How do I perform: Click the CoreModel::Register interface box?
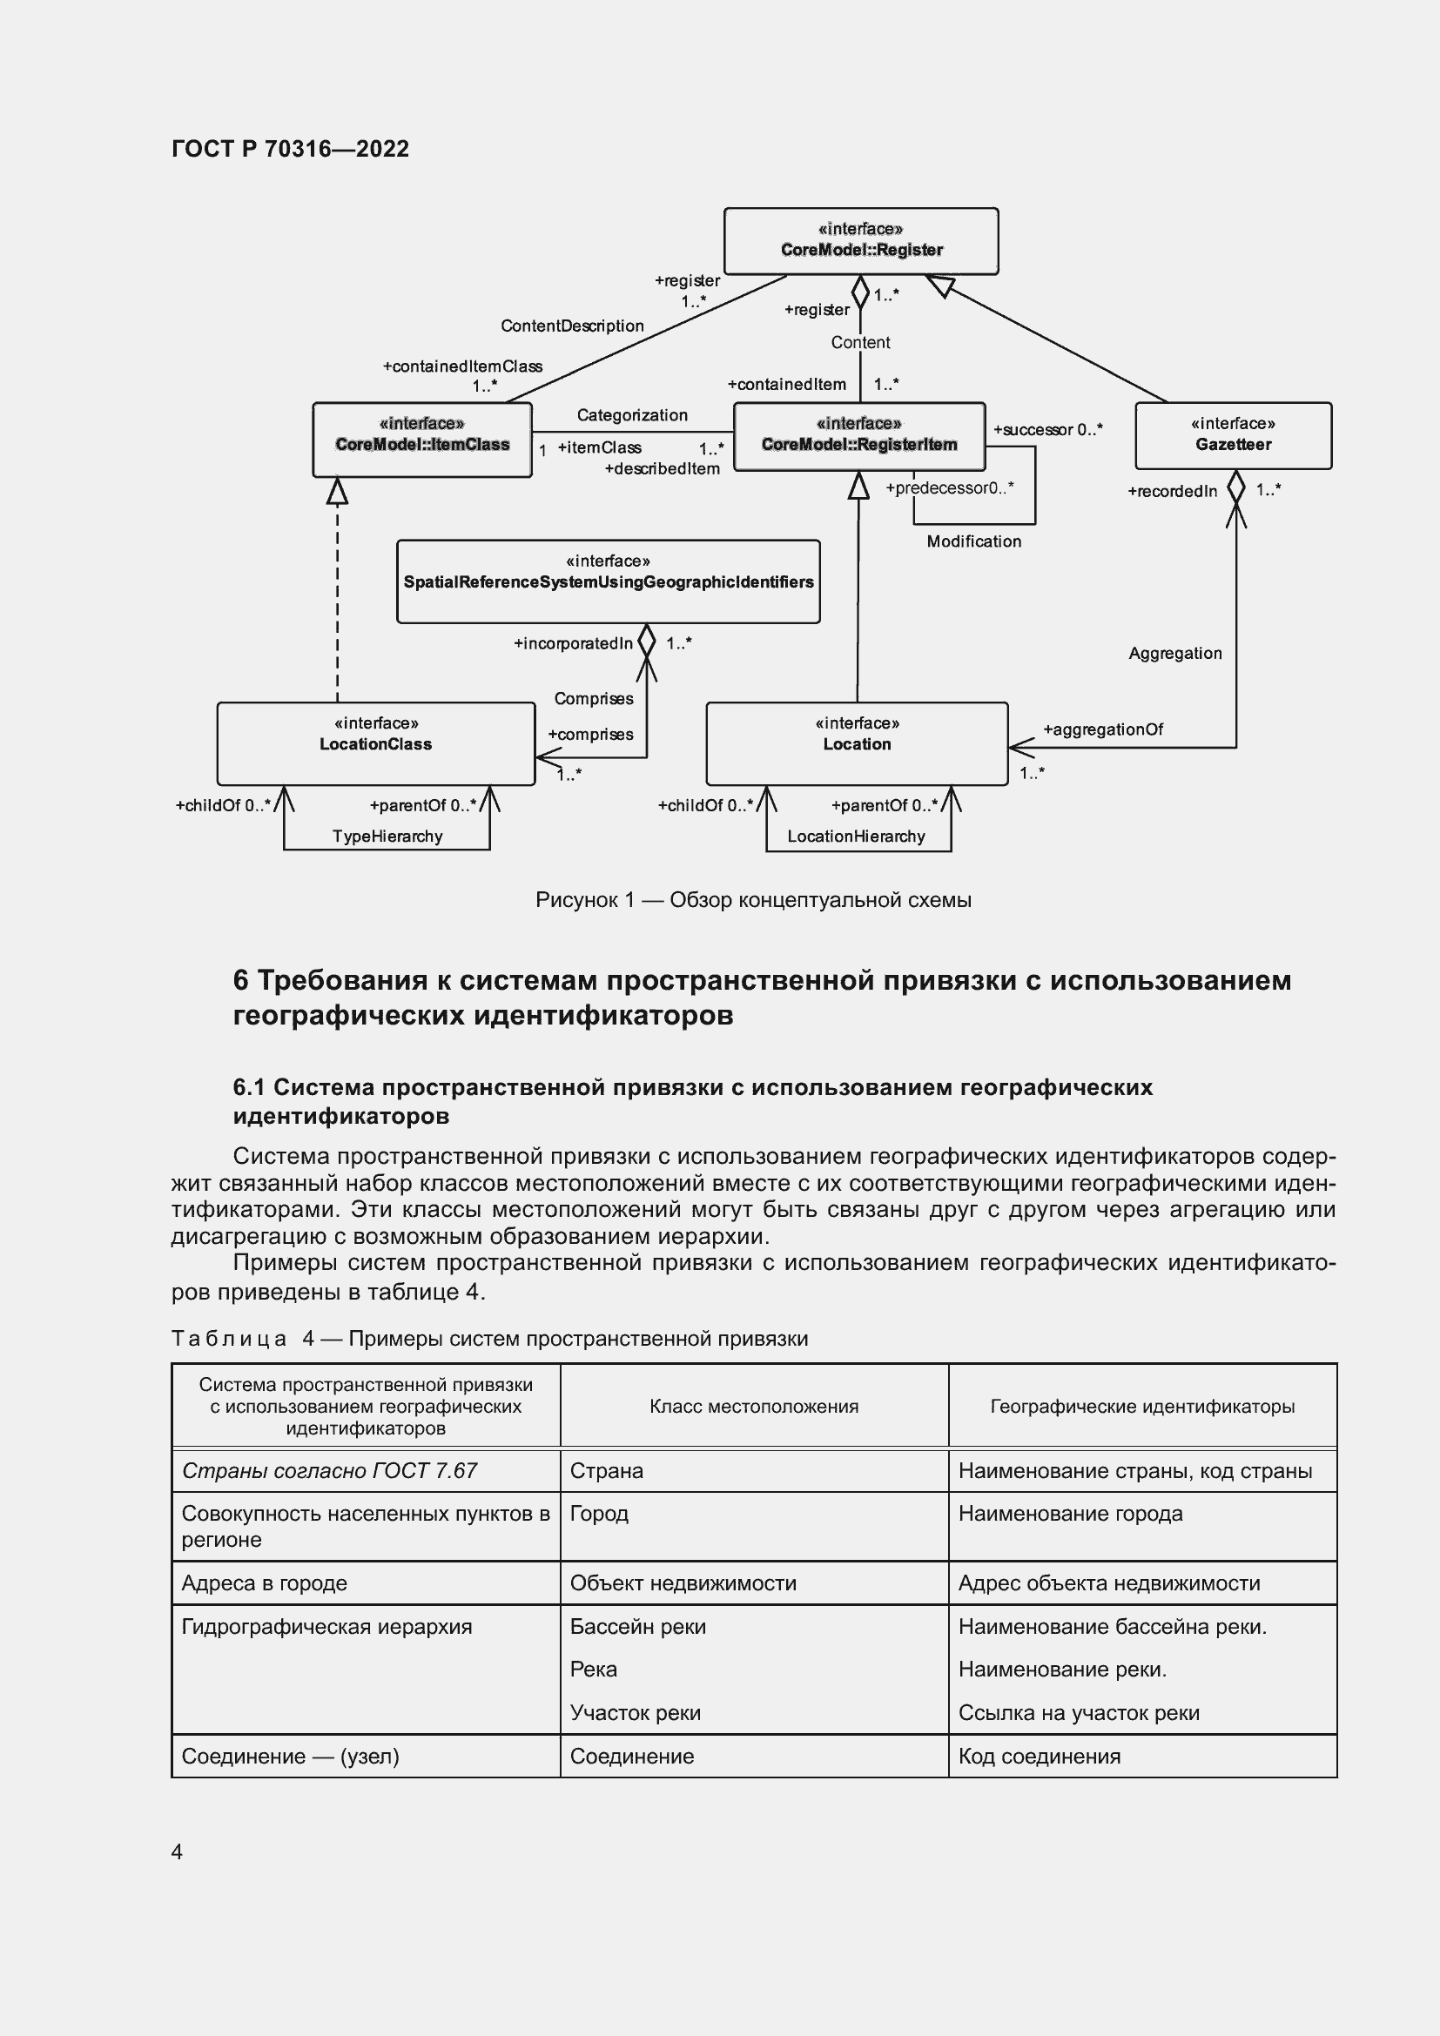tap(860, 240)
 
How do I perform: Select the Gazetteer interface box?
tap(1233, 435)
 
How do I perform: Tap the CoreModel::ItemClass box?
tap(422, 439)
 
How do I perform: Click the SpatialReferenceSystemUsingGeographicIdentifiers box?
tap(608, 581)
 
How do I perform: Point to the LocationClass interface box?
tap(375, 743)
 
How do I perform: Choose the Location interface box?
tap(856, 743)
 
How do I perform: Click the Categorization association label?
tap(631, 415)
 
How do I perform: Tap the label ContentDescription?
tap(572, 326)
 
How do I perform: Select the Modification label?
tap(973, 541)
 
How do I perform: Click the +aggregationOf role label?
tap(1102, 729)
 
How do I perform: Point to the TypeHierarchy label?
tap(387, 837)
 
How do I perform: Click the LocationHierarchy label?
tap(856, 837)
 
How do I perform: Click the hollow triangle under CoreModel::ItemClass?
tap(337, 491)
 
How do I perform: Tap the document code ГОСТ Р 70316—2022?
tap(290, 148)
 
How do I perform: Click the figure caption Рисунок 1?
tap(753, 900)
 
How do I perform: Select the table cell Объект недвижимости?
tap(683, 1582)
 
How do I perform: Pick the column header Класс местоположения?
tap(754, 1407)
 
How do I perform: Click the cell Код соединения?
tap(1040, 1756)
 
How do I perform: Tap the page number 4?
tap(177, 1851)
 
